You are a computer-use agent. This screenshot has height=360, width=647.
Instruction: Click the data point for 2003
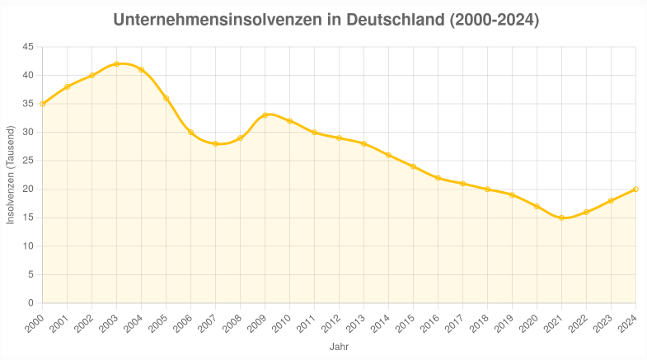tap(117, 63)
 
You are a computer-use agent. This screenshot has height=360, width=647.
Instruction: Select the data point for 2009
tap(265, 115)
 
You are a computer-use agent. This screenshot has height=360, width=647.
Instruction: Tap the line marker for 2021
tap(561, 217)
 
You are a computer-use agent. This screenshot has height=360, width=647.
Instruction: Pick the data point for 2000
tap(43, 104)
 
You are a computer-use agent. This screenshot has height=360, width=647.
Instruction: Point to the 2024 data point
tap(635, 189)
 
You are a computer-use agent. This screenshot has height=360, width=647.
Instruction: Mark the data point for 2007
tap(216, 143)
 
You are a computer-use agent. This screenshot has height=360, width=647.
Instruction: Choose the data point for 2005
tap(166, 98)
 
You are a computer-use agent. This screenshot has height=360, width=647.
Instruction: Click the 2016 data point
tap(438, 178)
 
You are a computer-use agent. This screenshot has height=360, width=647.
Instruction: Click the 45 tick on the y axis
tap(28, 47)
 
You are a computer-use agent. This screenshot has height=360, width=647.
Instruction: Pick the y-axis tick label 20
tap(28, 189)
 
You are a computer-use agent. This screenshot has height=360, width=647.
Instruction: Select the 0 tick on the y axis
tap(30, 303)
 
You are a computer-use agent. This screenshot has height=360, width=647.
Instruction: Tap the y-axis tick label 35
tap(28, 104)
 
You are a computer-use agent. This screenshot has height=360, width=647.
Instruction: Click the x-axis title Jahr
tap(339, 347)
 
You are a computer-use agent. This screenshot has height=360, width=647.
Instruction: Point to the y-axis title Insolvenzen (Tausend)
tap(11, 175)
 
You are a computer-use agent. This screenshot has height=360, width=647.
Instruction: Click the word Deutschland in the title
tap(396, 19)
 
